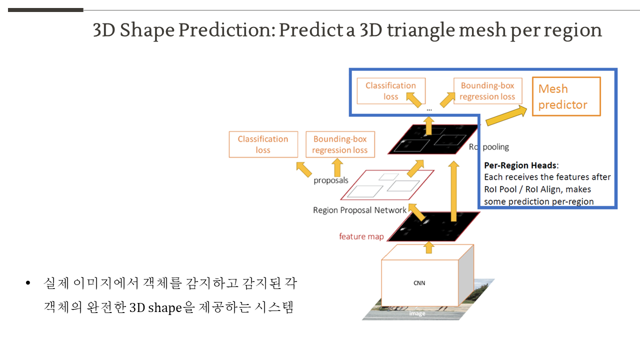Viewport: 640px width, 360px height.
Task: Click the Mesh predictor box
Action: [566, 96]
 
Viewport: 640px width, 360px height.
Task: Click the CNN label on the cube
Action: [419, 283]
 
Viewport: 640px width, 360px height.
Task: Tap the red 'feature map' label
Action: [361, 236]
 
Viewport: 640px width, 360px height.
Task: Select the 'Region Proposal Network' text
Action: [359, 210]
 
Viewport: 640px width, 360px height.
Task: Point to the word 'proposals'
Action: [331, 180]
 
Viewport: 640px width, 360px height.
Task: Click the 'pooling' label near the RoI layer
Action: [495, 147]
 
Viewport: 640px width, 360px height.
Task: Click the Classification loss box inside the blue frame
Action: [391, 91]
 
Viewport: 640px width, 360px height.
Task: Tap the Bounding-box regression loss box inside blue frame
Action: [487, 91]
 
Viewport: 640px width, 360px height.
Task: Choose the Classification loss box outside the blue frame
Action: [263, 144]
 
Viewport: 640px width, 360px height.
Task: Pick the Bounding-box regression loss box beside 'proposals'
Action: [340, 144]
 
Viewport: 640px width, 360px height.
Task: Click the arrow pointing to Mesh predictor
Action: [506, 115]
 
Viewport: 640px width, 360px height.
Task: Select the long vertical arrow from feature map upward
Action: [453, 191]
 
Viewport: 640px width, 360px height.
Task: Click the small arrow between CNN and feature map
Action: [428, 247]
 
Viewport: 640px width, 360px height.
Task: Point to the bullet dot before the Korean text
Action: [27, 283]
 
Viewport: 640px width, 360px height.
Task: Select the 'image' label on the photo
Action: [417, 313]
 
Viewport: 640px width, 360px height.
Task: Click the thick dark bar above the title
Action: [45, 10]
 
